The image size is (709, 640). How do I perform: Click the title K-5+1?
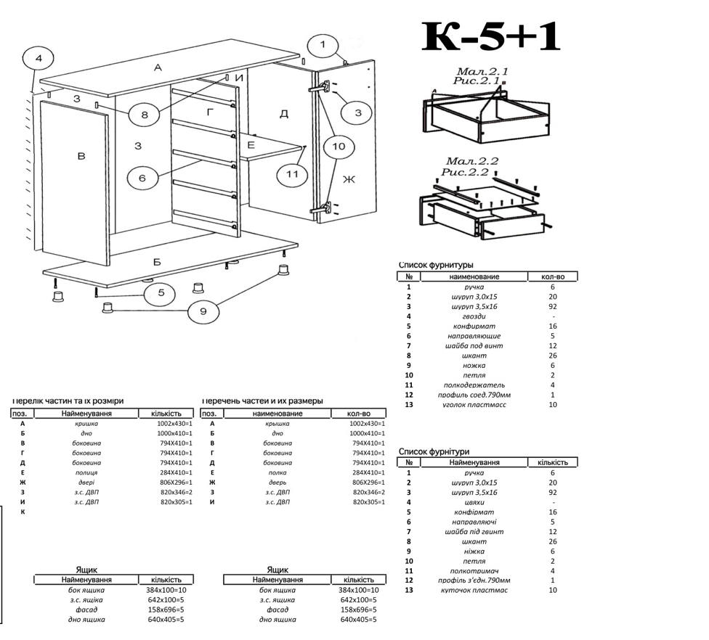(x=492, y=37)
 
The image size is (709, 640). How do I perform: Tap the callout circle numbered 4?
(x=39, y=58)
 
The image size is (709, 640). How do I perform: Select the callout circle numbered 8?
(x=145, y=115)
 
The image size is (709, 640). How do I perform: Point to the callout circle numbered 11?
(x=292, y=175)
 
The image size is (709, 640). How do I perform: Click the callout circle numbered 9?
(x=203, y=311)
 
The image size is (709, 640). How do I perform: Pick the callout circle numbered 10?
(x=339, y=147)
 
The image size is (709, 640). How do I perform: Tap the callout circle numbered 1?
(x=323, y=46)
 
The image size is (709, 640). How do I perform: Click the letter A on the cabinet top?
(x=157, y=68)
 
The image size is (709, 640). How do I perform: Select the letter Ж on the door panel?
(x=348, y=180)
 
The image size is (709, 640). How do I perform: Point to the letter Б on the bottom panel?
(x=156, y=261)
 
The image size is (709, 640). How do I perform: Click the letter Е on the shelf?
(x=251, y=145)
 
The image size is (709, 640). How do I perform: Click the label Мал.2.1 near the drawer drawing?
(x=482, y=71)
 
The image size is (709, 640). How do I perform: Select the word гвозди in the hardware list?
(x=474, y=316)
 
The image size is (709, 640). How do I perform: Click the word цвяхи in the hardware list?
(x=474, y=501)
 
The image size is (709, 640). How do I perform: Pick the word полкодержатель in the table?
(x=474, y=385)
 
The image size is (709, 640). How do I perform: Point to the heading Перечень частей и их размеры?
(x=263, y=401)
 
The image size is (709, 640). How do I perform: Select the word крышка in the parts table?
(x=277, y=423)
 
